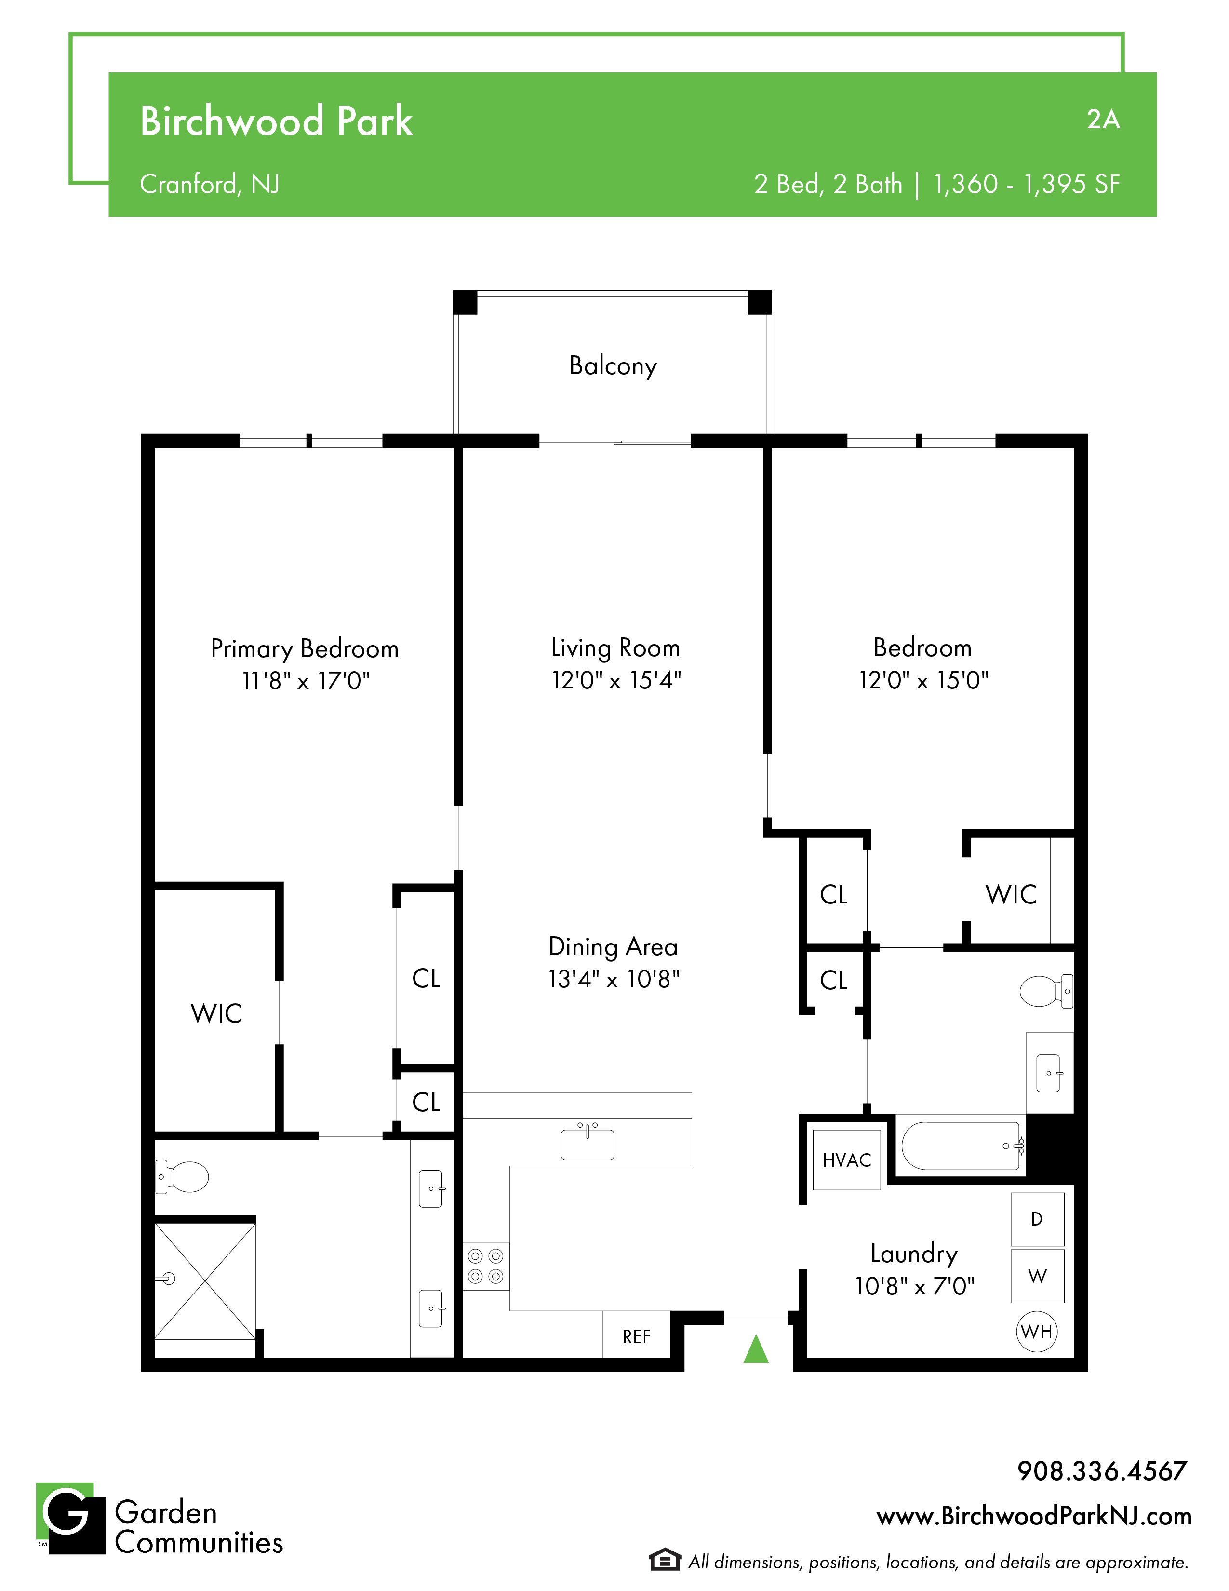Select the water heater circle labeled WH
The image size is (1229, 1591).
click(x=1036, y=1332)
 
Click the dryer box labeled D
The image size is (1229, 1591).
click(x=1038, y=1219)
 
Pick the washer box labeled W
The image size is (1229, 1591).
click(x=1038, y=1276)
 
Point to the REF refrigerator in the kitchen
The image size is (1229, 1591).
click(x=636, y=1336)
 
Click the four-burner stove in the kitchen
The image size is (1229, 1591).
click(x=486, y=1266)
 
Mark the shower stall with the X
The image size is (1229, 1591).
click(x=205, y=1281)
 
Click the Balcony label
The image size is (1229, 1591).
click(x=613, y=366)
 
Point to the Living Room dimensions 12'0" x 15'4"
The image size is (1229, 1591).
click(x=616, y=680)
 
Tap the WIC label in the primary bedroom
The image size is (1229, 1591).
click(x=216, y=1013)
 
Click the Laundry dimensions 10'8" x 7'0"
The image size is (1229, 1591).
click(x=914, y=1286)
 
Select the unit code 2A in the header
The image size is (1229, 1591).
click(x=1103, y=120)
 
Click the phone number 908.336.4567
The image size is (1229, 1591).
click(x=1102, y=1471)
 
